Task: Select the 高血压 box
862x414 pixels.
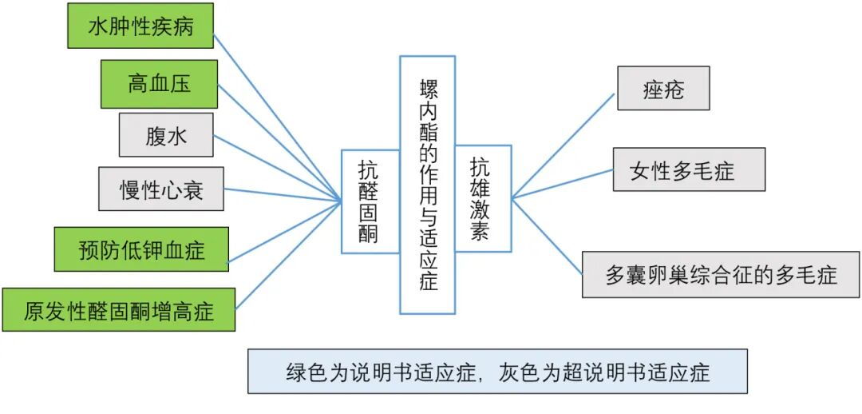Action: tap(159, 83)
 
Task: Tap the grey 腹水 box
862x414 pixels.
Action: tap(166, 135)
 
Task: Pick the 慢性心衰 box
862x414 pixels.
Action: tap(160, 189)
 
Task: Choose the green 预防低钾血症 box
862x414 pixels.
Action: tap(141, 250)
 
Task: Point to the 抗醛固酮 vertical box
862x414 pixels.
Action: tap(370, 201)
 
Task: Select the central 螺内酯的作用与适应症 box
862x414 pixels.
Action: tap(428, 185)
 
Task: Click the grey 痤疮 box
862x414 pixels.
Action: tap(663, 89)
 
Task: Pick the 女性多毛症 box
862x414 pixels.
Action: tap(689, 169)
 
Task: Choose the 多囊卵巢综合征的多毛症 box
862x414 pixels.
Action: tap(721, 275)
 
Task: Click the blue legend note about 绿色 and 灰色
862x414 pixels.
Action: tap(497, 372)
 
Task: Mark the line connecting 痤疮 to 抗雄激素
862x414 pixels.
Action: tap(563, 145)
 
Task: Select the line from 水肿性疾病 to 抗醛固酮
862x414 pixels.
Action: tap(279, 115)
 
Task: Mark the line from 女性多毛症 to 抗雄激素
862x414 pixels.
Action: tap(563, 183)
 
